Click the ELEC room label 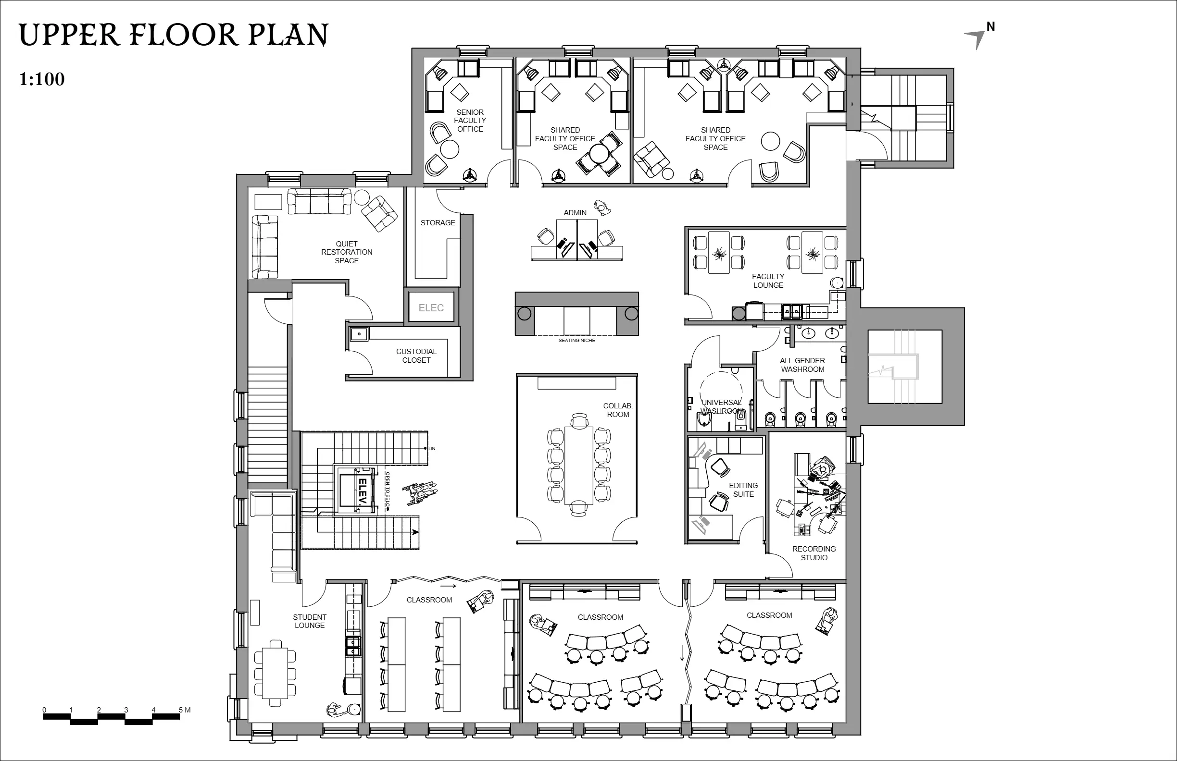(x=431, y=308)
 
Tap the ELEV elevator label (x=362, y=491)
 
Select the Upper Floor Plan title (x=174, y=35)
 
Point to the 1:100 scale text (x=42, y=79)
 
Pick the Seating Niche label (x=576, y=341)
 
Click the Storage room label (x=438, y=223)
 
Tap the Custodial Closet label (x=416, y=356)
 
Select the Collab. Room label (x=618, y=410)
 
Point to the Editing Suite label (x=743, y=490)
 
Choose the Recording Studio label (x=814, y=553)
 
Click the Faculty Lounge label (x=768, y=281)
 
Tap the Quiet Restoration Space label (x=347, y=252)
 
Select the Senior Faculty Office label (x=470, y=121)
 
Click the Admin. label (x=576, y=213)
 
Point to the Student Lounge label (x=310, y=621)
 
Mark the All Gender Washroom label (x=802, y=365)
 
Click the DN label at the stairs (x=432, y=449)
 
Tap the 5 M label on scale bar (x=185, y=710)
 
